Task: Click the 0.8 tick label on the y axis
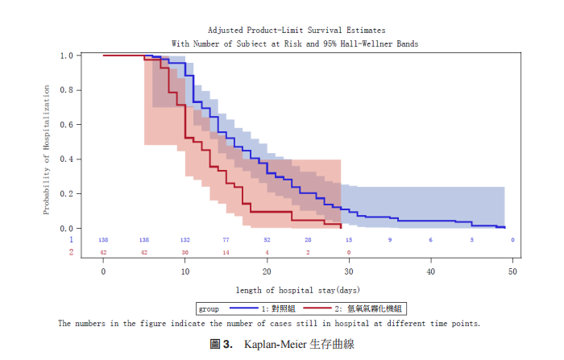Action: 68,90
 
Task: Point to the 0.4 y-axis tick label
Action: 68,159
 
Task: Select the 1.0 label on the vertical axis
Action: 68,56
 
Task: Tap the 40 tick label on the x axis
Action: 431,271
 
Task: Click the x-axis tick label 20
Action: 267,271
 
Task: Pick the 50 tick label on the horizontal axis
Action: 512,271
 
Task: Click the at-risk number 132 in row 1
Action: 185,240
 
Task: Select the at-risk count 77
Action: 226,240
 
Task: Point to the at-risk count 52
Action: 267,240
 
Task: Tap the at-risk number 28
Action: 308,240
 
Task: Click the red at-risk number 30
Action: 185,252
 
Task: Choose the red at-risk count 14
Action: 226,252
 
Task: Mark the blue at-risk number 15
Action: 349,240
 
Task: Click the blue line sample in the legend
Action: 244,308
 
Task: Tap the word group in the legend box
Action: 208,308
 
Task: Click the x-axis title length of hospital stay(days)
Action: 297,289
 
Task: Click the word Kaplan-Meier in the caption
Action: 267,344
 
